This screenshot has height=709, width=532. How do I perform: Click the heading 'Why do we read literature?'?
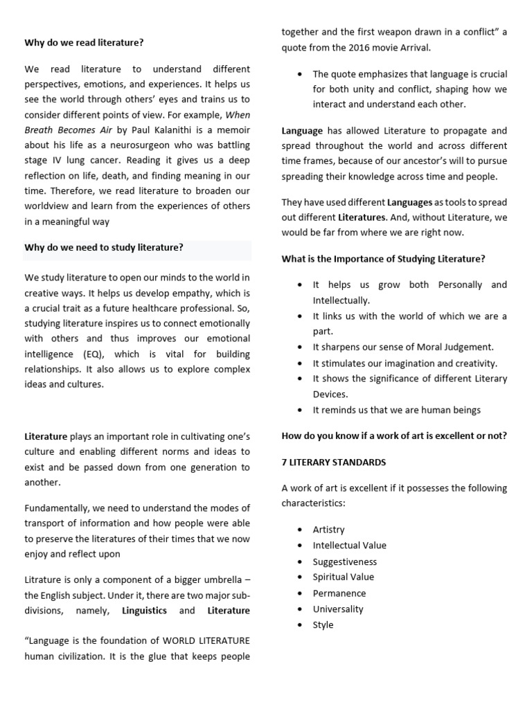click(85, 42)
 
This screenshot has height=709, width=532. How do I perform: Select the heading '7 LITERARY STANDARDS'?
click(334, 462)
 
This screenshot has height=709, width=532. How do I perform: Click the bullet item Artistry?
click(328, 530)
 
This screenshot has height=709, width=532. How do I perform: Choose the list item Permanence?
click(339, 593)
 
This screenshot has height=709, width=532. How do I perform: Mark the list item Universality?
click(338, 609)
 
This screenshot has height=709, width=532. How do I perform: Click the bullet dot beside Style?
click(299, 625)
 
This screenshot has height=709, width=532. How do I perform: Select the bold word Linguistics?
click(144, 611)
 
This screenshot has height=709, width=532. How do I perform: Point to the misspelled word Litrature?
click(43, 580)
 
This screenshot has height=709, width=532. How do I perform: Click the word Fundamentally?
click(59, 509)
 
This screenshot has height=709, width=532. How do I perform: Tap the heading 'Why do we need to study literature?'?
click(104, 247)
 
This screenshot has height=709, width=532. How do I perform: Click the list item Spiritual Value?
click(343, 577)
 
